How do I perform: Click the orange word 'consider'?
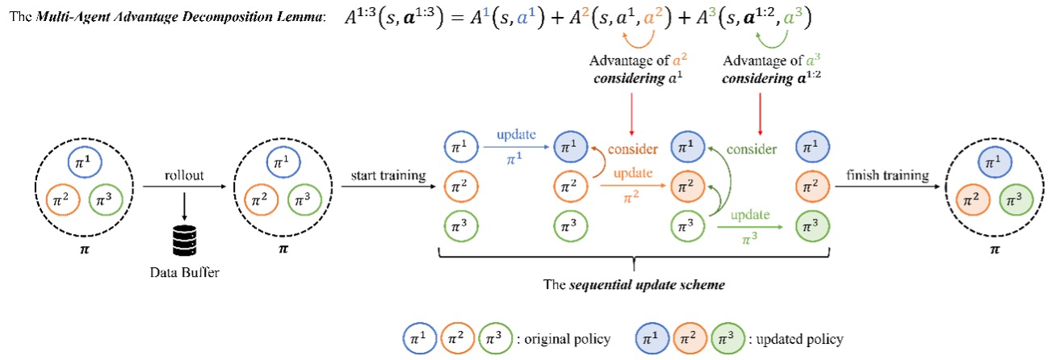(634, 149)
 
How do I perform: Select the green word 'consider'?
(752, 149)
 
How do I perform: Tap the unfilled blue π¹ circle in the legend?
(419, 338)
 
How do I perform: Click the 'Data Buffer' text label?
(186, 272)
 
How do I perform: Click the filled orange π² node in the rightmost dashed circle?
(974, 198)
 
